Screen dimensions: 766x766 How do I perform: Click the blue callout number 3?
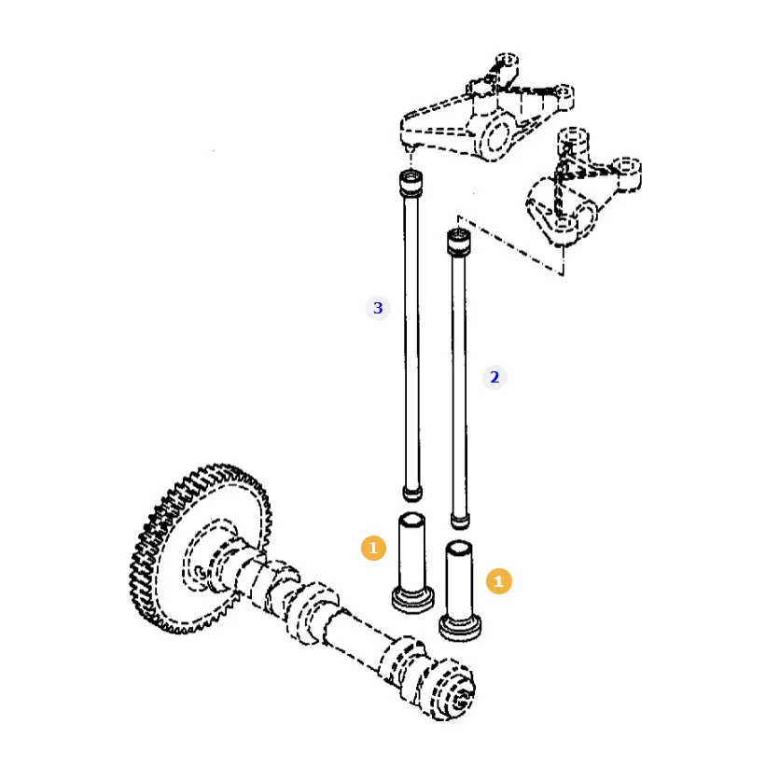tap(378, 308)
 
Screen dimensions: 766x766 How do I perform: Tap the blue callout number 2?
tap(494, 377)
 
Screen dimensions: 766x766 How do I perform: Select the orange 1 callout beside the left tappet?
tap(374, 548)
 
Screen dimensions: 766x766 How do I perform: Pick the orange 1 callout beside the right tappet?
tap(499, 581)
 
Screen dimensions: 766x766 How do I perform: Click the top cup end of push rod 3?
tap(411, 183)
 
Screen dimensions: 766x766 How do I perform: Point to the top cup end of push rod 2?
tap(459, 242)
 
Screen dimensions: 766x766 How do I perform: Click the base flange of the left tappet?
tap(412, 600)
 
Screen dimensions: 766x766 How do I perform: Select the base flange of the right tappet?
tap(460, 628)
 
